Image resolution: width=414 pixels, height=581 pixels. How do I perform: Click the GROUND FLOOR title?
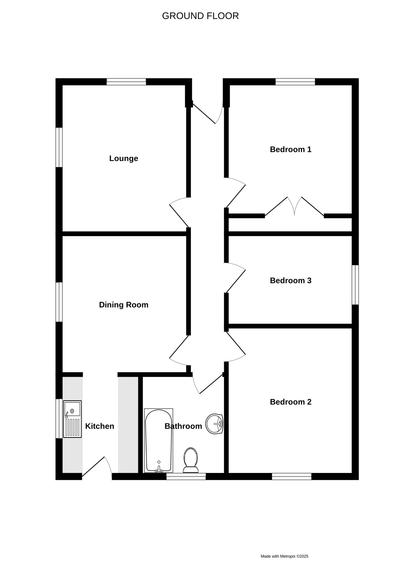coord(200,16)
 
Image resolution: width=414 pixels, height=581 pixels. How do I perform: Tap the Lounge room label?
coord(124,158)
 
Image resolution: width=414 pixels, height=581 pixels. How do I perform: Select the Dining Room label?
coord(124,305)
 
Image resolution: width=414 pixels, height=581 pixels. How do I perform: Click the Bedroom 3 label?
coord(291,281)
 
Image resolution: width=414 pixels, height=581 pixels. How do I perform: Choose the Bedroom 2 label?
coord(291,402)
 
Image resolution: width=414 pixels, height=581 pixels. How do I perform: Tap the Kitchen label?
coord(100,426)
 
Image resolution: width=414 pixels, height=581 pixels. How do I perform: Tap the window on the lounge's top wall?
coord(126,82)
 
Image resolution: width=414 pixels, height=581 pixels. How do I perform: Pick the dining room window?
coord(59,302)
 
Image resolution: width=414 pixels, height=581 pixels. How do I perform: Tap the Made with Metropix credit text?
coord(284,556)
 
